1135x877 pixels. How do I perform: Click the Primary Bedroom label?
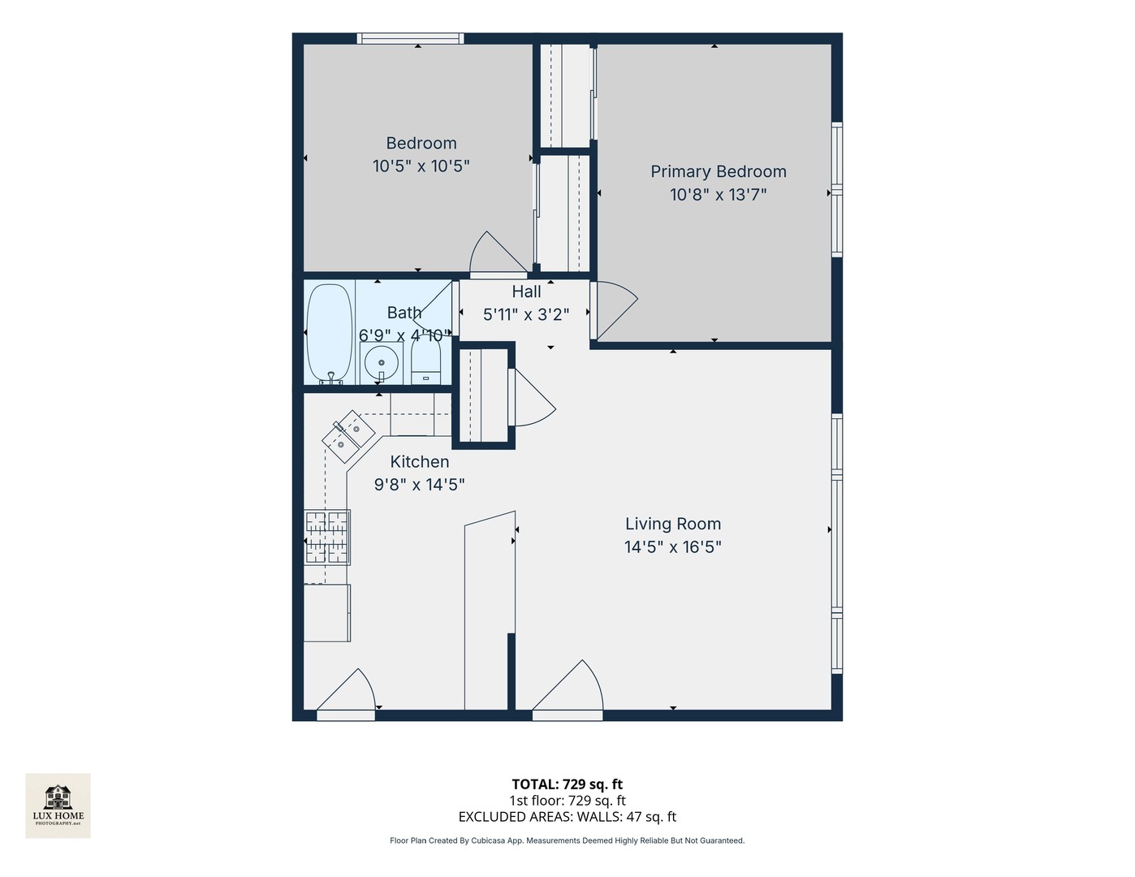(718, 171)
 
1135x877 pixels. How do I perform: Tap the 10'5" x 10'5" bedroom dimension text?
(421, 166)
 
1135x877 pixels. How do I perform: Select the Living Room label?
(672, 524)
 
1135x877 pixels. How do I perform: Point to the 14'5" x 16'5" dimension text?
(672, 547)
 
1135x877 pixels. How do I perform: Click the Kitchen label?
(419, 462)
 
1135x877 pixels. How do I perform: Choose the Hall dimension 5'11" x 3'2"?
(525, 314)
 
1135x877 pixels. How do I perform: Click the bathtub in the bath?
(329, 333)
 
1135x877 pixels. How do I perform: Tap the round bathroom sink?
(381, 362)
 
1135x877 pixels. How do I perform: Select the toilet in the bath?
(425, 361)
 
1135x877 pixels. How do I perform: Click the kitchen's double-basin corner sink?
(348, 431)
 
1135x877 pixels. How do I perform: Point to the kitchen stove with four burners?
(327, 537)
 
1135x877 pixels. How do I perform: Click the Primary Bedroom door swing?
(614, 309)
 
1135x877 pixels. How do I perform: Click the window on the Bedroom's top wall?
(410, 38)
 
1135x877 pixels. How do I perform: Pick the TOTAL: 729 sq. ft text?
(567, 784)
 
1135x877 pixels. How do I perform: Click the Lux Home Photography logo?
(58, 805)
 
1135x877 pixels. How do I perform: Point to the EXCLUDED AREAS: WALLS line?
(567, 817)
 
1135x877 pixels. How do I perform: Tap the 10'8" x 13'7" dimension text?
(718, 195)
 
